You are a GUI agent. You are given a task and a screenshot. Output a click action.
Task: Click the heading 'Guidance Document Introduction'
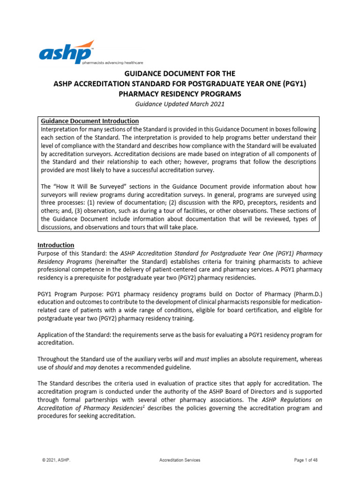[90, 121]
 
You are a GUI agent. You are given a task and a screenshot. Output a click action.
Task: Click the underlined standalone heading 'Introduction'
[56, 245]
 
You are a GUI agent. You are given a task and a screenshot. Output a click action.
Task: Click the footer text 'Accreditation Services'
[180, 460]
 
